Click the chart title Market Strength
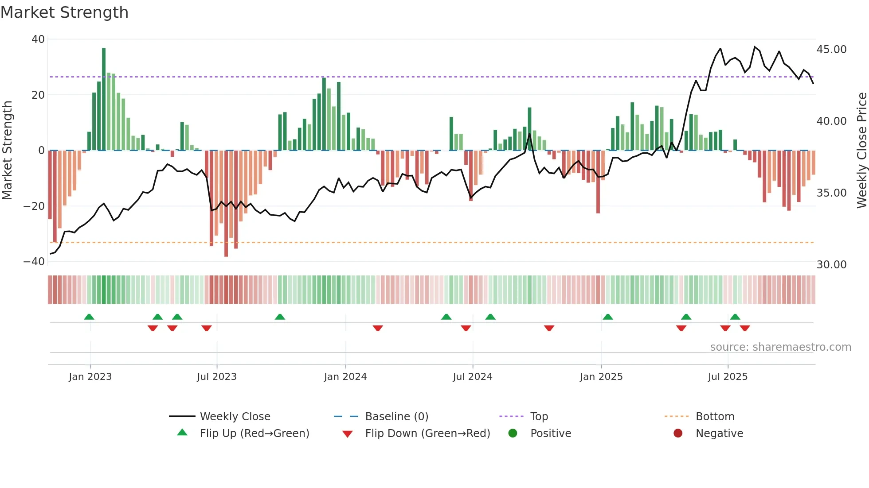(x=64, y=12)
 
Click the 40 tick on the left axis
(x=38, y=39)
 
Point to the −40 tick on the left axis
(x=34, y=262)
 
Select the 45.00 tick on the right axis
(x=831, y=50)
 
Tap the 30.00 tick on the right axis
(x=831, y=265)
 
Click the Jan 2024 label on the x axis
(x=345, y=377)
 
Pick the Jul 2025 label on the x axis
(x=728, y=377)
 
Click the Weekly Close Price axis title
(x=861, y=151)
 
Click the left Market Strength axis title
(x=8, y=151)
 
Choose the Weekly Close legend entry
(x=235, y=417)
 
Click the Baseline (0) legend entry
(x=396, y=417)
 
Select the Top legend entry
(x=539, y=417)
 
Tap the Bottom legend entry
(x=715, y=417)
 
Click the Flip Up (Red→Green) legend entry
(x=254, y=434)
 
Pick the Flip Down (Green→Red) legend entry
(x=427, y=434)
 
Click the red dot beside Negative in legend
(x=678, y=434)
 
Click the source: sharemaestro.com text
(x=780, y=347)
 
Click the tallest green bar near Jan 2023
(x=104, y=100)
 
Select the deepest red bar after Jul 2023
(x=226, y=204)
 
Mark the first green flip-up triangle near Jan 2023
(x=89, y=317)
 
